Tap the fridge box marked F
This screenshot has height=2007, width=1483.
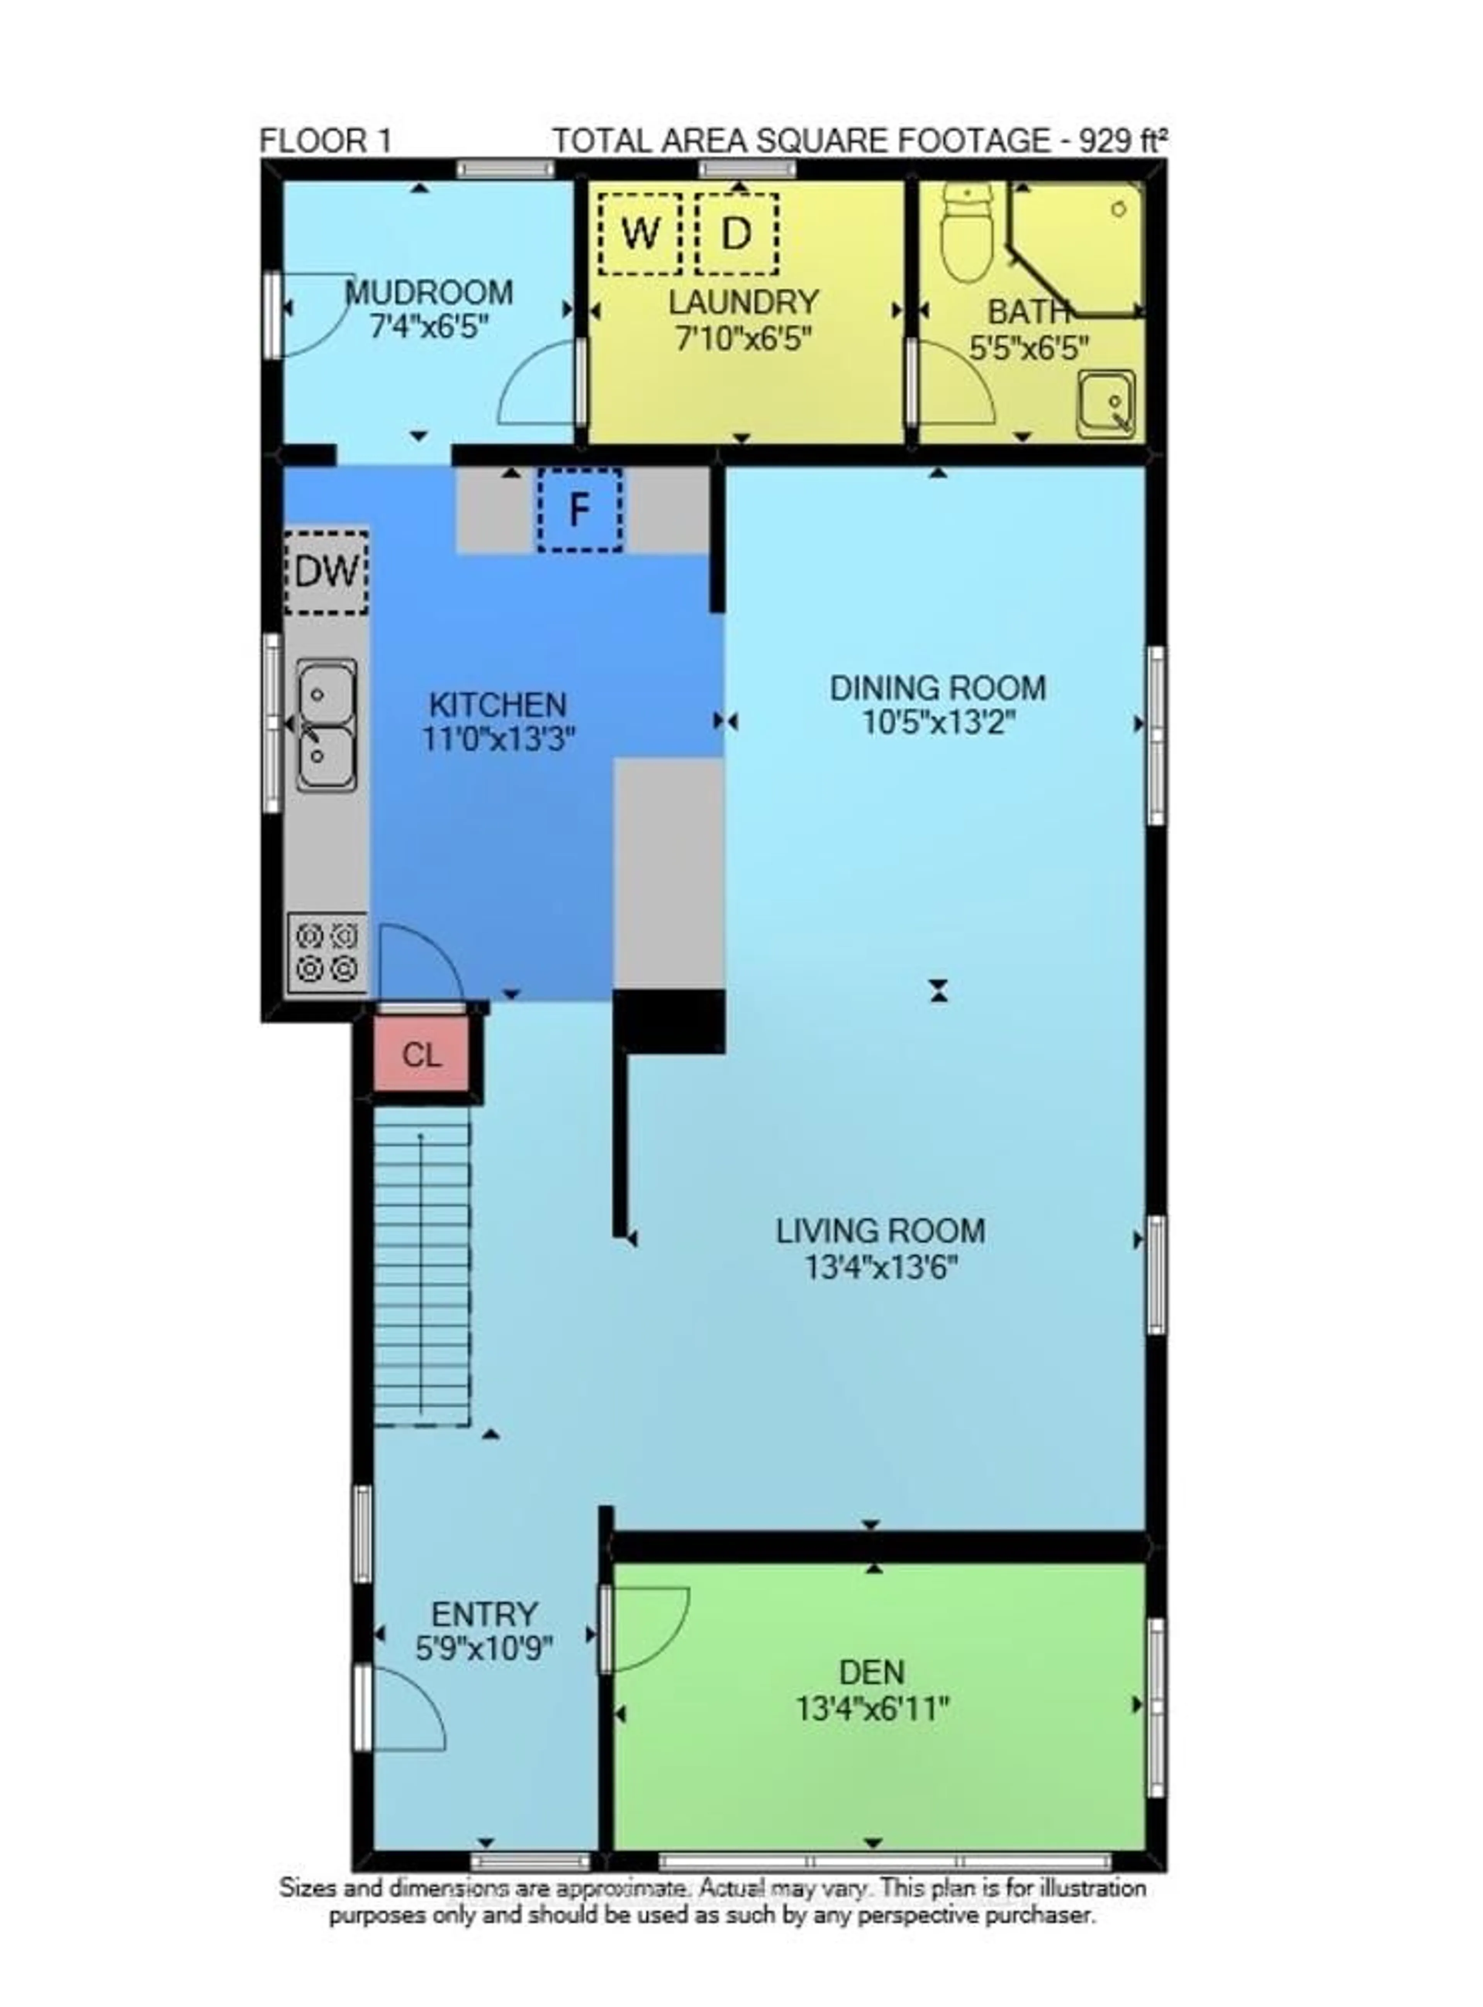click(580, 510)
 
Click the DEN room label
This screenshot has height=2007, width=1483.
click(871, 1672)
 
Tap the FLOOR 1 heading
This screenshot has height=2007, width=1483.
click(325, 141)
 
